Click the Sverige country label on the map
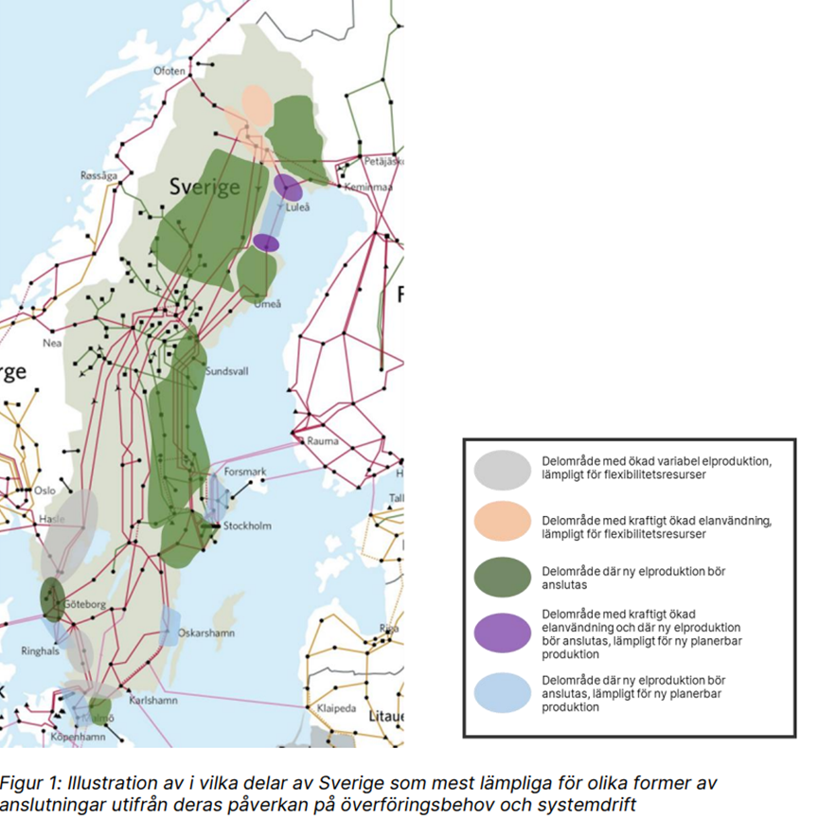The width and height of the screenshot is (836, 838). point(204,187)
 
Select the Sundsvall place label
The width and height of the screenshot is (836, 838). point(226,372)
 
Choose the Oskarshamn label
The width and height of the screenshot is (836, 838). point(207,633)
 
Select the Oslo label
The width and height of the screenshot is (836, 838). point(44,490)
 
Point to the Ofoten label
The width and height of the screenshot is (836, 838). point(170,71)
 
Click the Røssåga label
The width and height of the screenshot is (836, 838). point(99,175)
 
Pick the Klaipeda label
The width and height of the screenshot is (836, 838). point(337,707)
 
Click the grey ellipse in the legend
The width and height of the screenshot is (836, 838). point(502,470)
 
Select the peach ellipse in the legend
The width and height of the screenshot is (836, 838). point(502,521)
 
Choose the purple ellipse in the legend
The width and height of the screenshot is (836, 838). point(502,633)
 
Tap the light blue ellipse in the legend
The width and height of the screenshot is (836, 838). point(502,693)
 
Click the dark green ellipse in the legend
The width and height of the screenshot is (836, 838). point(502,577)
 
